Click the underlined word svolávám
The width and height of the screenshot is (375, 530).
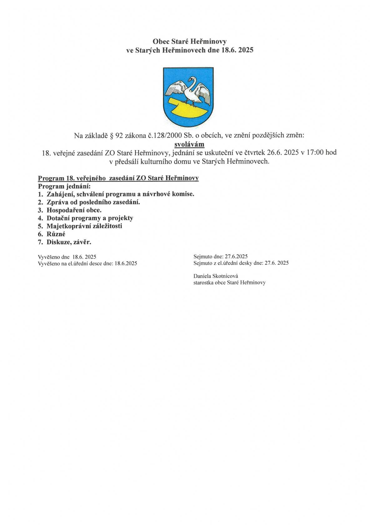[189, 144]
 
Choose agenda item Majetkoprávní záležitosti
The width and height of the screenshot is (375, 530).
[84, 226]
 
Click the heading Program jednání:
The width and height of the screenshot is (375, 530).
[64, 186]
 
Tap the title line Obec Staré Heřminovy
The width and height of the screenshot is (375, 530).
[189, 41]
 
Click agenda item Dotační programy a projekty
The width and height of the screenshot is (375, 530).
[90, 218]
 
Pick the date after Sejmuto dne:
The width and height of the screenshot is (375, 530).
[238, 257]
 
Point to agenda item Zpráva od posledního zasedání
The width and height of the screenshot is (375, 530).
[93, 202]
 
